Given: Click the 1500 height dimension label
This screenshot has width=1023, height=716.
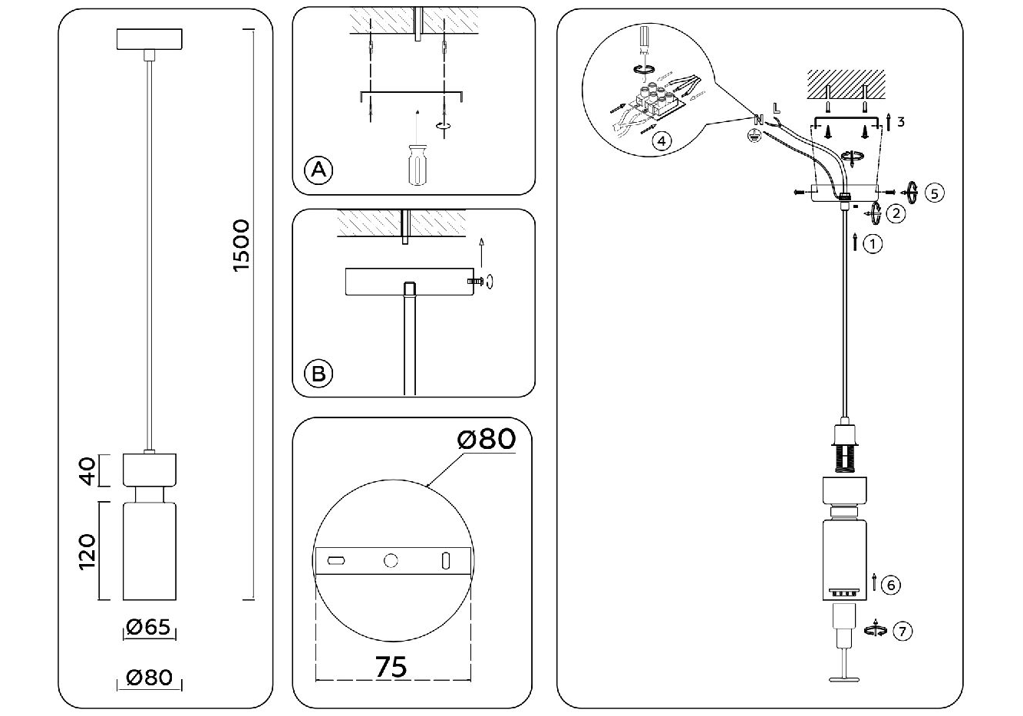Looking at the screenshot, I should click(x=241, y=246).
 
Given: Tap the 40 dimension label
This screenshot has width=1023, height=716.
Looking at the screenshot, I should click(x=87, y=470).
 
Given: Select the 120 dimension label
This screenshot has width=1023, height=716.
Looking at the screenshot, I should click(x=87, y=551).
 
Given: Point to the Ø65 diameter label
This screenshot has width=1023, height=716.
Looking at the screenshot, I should click(x=148, y=627).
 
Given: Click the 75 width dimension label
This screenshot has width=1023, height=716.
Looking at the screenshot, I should click(x=391, y=666).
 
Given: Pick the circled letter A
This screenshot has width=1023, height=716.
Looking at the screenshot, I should click(x=318, y=170).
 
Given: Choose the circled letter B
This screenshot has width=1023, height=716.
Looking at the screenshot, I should click(x=318, y=374).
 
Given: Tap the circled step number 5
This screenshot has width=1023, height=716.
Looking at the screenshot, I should click(x=934, y=193).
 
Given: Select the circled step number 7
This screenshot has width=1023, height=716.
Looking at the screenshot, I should click(x=903, y=632).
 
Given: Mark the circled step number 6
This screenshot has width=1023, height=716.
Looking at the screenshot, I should click(x=890, y=585).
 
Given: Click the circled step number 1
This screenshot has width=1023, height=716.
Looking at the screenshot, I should click(x=873, y=244).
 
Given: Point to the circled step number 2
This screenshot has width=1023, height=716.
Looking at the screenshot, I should click(x=895, y=213).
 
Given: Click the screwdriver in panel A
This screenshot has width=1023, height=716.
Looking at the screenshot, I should click(x=416, y=164).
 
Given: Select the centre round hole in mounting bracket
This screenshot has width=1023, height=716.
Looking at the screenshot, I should click(x=391, y=561).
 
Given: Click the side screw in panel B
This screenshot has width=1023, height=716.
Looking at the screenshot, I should click(x=478, y=282).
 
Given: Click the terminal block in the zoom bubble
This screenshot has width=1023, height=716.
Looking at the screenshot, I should click(x=658, y=100).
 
